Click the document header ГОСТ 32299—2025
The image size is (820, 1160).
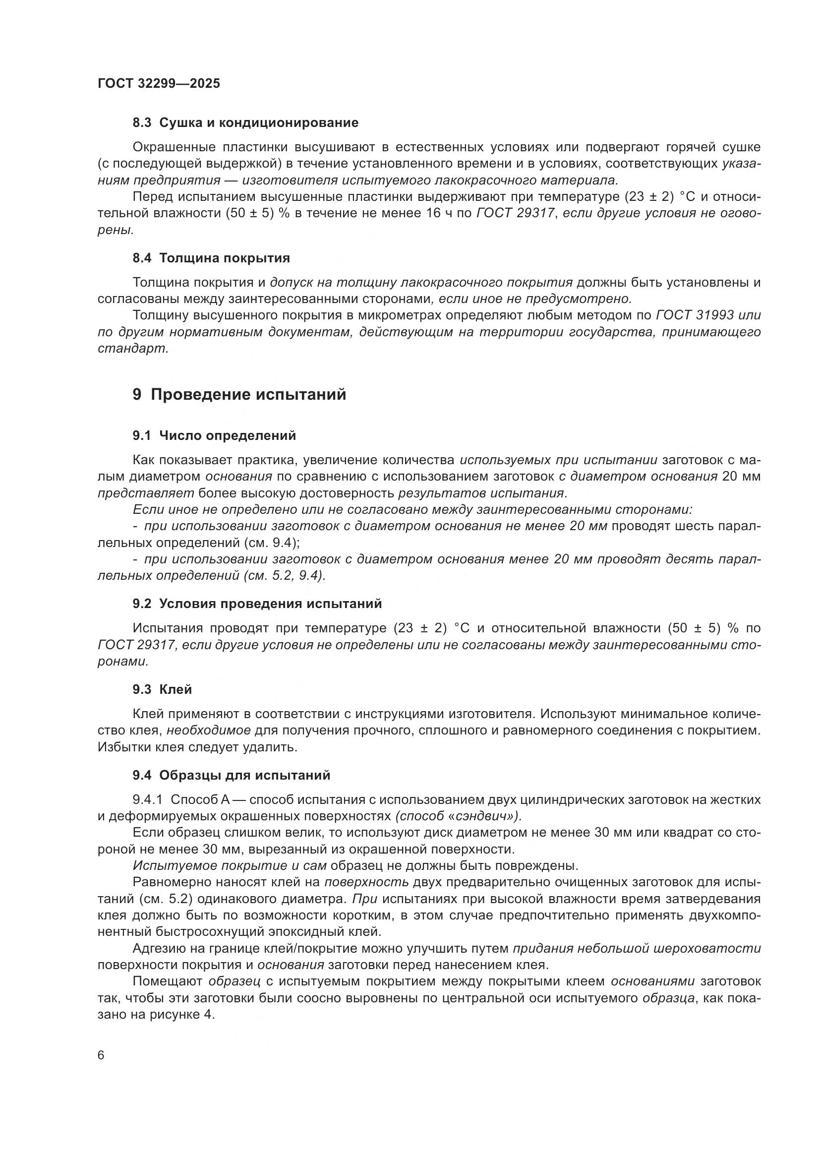[159, 83]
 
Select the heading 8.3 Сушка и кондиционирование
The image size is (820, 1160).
[245, 122]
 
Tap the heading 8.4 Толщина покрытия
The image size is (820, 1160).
[211, 258]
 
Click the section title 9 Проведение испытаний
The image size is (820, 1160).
[239, 395]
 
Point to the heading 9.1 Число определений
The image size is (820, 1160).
[214, 435]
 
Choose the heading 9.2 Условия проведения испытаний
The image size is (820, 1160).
[257, 604]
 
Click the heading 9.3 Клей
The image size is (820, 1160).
[162, 690]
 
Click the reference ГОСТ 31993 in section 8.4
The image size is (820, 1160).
[694, 315]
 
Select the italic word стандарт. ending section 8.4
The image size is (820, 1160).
[133, 349]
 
